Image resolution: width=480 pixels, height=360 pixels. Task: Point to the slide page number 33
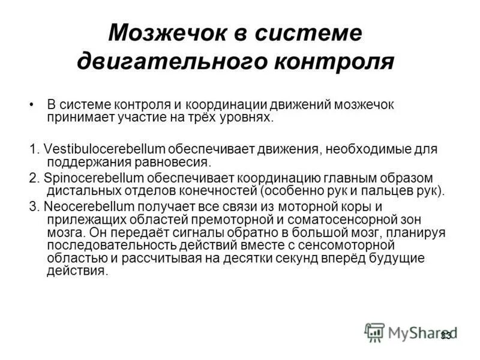coord(446,335)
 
